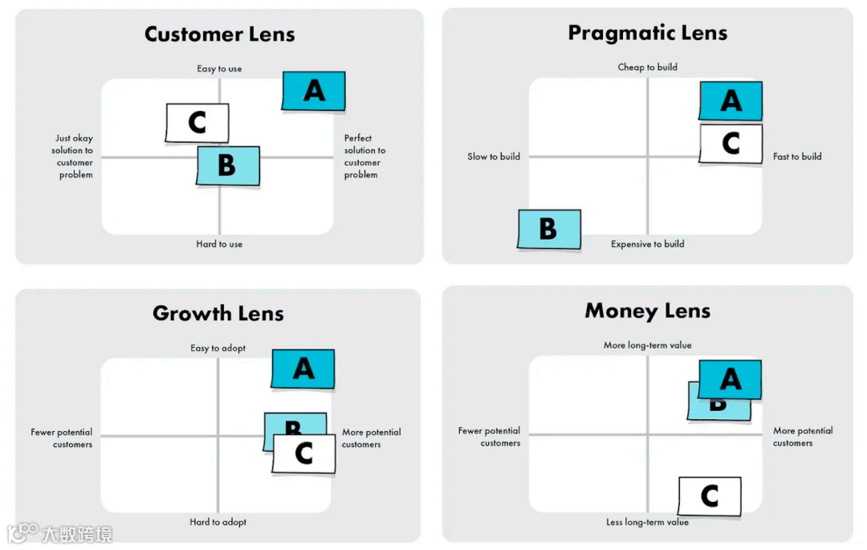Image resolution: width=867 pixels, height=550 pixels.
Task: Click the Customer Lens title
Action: [x=219, y=35]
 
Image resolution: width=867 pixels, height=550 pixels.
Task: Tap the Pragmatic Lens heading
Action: [x=647, y=33]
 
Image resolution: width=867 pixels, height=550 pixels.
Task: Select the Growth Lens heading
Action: [x=218, y=313]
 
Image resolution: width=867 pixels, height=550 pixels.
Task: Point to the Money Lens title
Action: [x=647, y=311]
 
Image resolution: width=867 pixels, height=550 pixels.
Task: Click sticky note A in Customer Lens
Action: [x=314, y=91]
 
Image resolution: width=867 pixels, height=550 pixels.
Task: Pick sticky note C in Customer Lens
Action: [x=197, y=123]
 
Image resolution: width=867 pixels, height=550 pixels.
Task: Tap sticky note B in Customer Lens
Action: [x=228, y=165]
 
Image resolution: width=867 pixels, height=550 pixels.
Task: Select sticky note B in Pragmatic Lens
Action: [x=549, y=229]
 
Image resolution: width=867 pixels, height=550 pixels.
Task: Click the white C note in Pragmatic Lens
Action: [x=731, y=144]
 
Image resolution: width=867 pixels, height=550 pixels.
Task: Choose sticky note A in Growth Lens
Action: [x=303, y=369]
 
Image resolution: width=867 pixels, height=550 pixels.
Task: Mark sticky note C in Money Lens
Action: [x=710, y=496]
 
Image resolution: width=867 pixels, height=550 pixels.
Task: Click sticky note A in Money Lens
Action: [x=730, y=379]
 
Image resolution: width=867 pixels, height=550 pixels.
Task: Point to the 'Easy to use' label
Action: [x=219, y=69]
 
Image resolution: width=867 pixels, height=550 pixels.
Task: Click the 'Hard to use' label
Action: [x=219, y=244]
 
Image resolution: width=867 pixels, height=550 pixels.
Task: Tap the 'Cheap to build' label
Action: [x=647, y=67]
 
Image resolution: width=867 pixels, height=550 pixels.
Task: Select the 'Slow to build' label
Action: [x=494, y=157]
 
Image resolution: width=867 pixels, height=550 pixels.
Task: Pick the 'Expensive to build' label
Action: [x=647, y=244]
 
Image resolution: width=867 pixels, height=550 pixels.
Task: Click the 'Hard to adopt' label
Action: [x=218, y=522]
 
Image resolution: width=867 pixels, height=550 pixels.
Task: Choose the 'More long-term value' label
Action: [x=647, y=345]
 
